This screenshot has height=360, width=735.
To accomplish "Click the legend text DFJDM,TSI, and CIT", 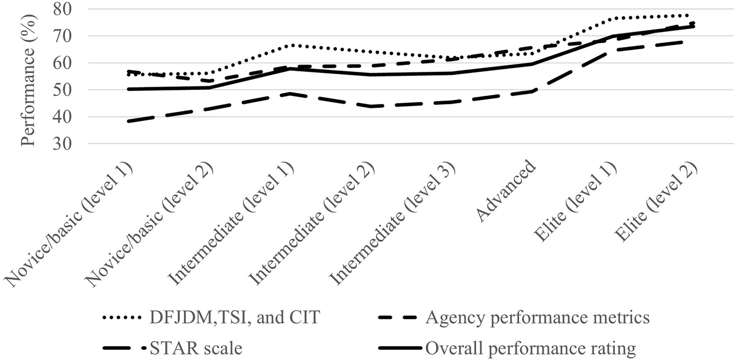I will coord(234,318).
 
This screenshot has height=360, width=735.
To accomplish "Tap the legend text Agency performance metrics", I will coord(537,318).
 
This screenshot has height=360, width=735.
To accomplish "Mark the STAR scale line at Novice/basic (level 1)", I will coord(128,121).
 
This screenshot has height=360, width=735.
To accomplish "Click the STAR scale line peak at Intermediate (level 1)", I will coord(291,93).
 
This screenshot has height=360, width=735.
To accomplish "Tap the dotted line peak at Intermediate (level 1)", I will coord(291,45).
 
